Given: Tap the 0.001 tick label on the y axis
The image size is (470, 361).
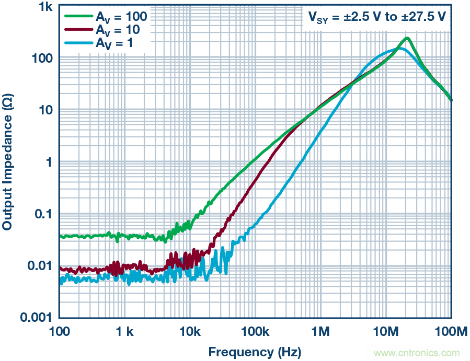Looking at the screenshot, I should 36,317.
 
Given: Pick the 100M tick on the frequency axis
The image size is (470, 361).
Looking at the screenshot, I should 451,332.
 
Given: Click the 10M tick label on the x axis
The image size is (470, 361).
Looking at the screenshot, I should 386,332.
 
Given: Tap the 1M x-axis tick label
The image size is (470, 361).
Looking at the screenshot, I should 320,332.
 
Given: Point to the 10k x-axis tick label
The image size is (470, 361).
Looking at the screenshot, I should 190,332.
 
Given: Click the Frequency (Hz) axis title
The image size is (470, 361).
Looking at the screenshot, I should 255,351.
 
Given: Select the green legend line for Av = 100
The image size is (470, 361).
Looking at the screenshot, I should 77,16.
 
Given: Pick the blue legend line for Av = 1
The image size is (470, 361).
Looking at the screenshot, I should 77,43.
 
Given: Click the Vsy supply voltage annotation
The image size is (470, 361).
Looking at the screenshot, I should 376,17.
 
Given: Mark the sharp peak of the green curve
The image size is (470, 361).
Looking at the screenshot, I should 407,38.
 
